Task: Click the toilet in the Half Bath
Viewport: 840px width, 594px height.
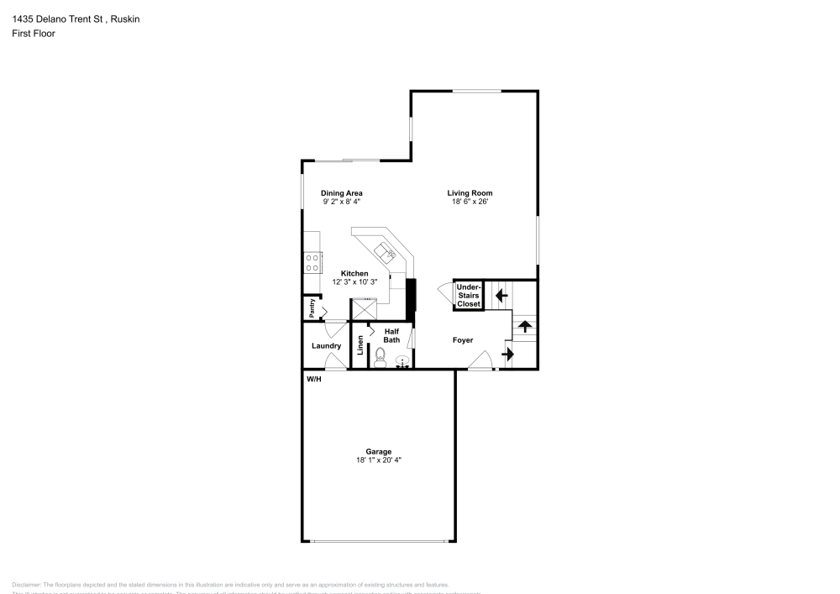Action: coord(380,360)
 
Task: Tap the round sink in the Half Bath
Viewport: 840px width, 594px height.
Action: coord(402,362)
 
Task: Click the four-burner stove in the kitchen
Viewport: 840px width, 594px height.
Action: coord(312,262)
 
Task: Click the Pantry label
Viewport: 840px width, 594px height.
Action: coord(312,308)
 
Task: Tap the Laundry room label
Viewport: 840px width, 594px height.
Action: coord(326,346)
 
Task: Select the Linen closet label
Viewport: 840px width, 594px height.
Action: coord(360,345)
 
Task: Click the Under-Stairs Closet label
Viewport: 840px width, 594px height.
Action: coord(469,295)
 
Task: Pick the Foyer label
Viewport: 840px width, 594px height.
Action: coord(463,340)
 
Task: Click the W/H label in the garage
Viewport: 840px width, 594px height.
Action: coord(313,380)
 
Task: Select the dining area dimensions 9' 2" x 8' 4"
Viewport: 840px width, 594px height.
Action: coord(342,202)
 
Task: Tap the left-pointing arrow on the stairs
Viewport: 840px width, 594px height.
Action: coord(501,295)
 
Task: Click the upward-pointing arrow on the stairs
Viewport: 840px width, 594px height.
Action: coord(525,325)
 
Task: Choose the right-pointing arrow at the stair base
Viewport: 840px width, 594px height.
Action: coord(507,355)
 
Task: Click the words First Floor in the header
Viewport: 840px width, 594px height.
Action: coord(34,34)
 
